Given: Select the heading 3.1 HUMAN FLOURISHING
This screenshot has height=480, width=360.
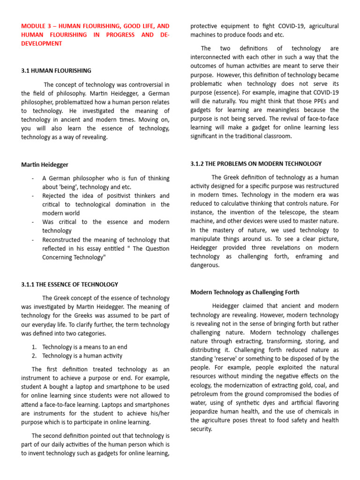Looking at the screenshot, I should [56, 71].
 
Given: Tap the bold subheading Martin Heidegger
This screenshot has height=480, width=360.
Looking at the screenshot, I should [45, 165].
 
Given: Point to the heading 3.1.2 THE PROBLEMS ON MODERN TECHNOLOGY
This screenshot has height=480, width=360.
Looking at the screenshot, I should [256, 164].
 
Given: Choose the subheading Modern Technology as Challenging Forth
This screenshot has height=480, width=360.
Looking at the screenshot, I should [244, 292].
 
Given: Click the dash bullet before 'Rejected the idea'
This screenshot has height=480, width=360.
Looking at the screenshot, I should [32, 195].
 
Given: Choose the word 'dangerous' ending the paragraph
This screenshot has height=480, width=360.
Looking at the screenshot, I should [205, 265].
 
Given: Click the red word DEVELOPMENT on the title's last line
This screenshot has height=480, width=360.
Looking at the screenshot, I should [41, 43].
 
